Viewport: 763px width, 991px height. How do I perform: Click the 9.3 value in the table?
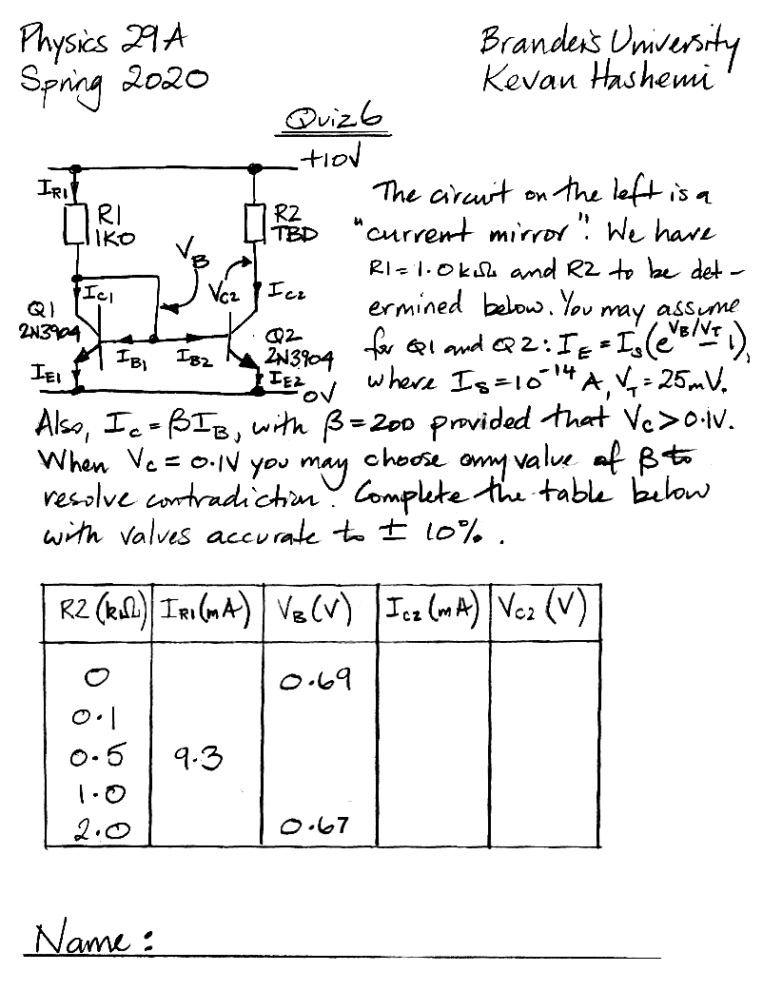pyautogui.click(x=198, y=757)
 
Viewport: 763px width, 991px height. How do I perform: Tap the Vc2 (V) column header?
pyautogui.click(x=544, y=608)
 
